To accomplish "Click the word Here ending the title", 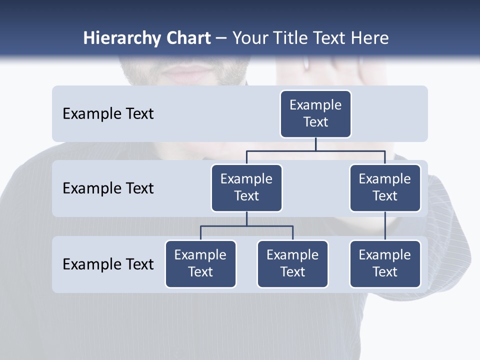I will click(369, 38).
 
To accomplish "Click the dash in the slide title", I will click(221, 39).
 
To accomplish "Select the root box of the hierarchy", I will click(315, 114).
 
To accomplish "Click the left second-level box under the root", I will click(246, 188).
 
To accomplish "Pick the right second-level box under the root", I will click(385, 188).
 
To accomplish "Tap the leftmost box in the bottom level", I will click(200, 264).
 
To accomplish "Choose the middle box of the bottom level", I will click(292, 264).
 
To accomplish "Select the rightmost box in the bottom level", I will click(385, 264).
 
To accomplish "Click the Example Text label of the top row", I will click(108, 114).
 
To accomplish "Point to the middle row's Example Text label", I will click(108, 188).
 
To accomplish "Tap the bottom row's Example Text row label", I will click(108, 264).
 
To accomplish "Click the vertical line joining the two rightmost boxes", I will click(385, 226).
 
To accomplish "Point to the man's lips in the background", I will click(188, 74).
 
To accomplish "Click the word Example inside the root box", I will click(315, 105).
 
